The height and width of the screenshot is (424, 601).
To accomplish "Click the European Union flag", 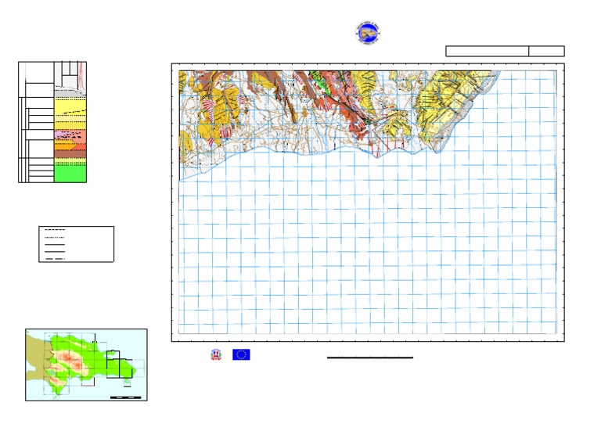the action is [x=241, y=354].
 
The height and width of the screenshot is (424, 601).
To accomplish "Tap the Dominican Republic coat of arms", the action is [x=215, y=354].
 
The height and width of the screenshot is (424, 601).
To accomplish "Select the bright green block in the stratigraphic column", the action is [x=70, y=173].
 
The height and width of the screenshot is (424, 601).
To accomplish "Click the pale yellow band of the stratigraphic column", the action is [x=70, y=105].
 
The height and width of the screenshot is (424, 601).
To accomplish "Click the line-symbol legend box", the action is [x=76, y=244].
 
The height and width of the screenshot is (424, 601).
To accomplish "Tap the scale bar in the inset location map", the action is [x=125, y=397].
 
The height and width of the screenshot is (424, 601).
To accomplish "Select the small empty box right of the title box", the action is [x=546, y=51].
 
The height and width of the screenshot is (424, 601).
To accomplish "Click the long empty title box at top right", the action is [x=487, y=51].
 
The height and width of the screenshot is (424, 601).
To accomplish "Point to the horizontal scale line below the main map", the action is [x=369, y=358].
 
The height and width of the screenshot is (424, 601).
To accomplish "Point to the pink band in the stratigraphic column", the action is [x=59, y=135].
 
